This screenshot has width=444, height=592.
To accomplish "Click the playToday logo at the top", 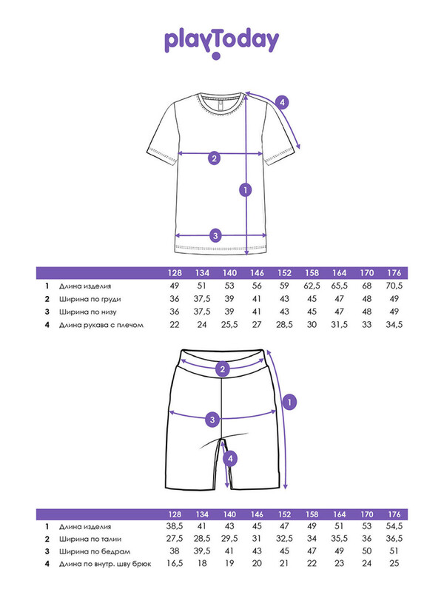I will (222, 41).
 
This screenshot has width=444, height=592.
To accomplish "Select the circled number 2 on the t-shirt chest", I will (214, 157).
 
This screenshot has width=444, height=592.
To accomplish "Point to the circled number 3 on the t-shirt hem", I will (215, 235).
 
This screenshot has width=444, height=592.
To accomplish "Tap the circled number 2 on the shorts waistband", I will (221, 369).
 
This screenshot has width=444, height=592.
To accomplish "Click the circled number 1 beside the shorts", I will (290, 401).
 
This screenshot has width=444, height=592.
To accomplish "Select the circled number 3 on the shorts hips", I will (212, 420).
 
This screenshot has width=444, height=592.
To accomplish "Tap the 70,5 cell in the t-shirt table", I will (394, 286).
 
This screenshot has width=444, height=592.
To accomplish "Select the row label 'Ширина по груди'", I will (91, 299).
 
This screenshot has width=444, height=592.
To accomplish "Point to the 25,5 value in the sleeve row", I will (229, 324).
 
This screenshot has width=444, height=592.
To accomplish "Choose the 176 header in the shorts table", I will (394, 514).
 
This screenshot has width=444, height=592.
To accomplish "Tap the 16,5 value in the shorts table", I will (175, 564).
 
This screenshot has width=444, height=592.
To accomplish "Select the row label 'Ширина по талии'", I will (90, 539).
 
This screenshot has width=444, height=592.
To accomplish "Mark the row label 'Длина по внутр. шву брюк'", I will (106, 564).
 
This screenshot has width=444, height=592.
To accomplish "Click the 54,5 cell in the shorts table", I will (394, 526).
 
